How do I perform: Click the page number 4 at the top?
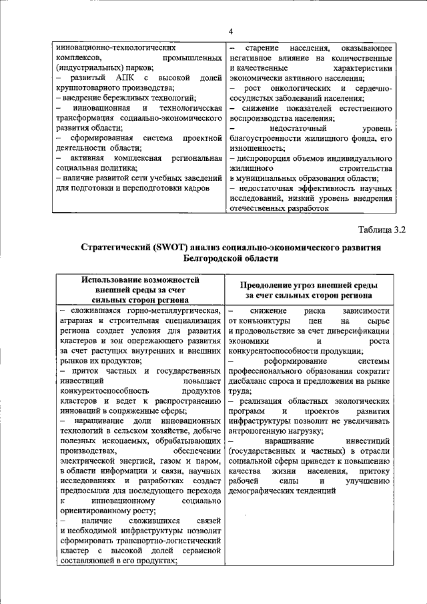pos(230,31)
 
